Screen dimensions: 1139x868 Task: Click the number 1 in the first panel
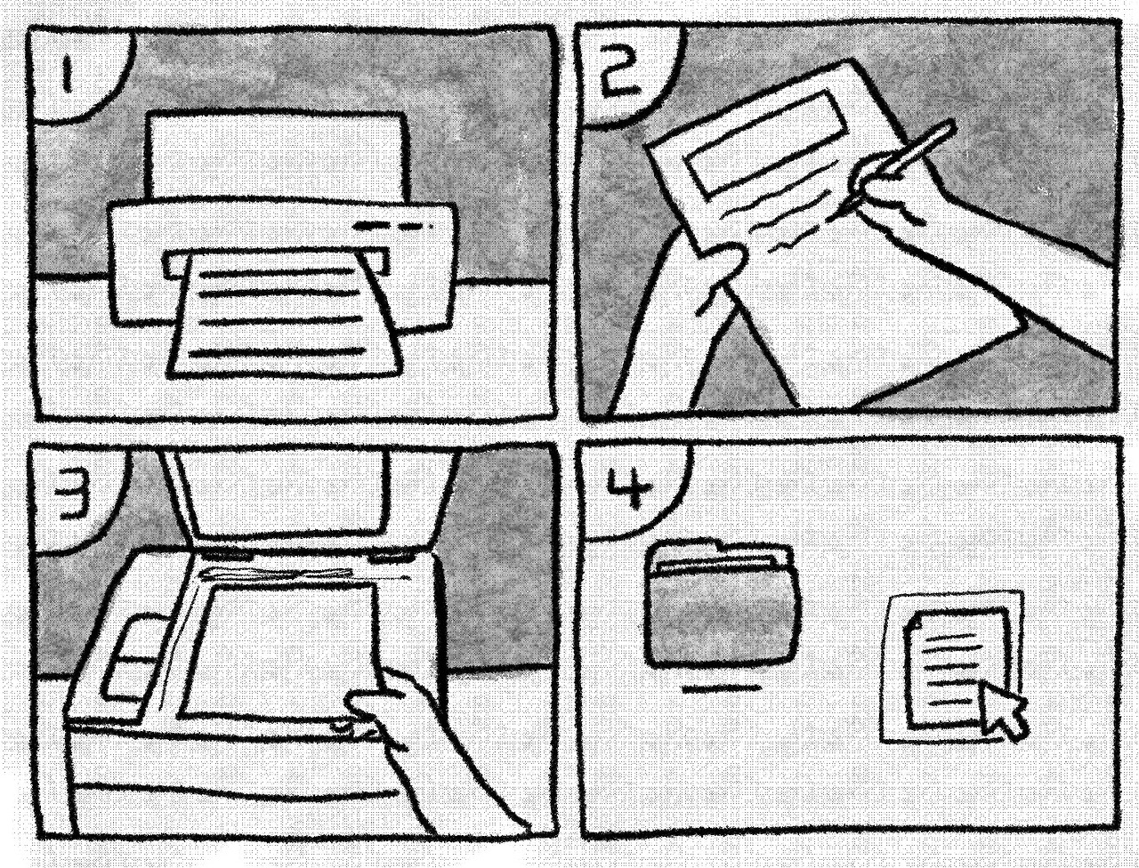click(69, 76)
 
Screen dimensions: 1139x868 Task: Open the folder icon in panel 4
click(722, 605)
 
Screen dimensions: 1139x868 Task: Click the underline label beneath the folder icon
click(722, 689)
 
